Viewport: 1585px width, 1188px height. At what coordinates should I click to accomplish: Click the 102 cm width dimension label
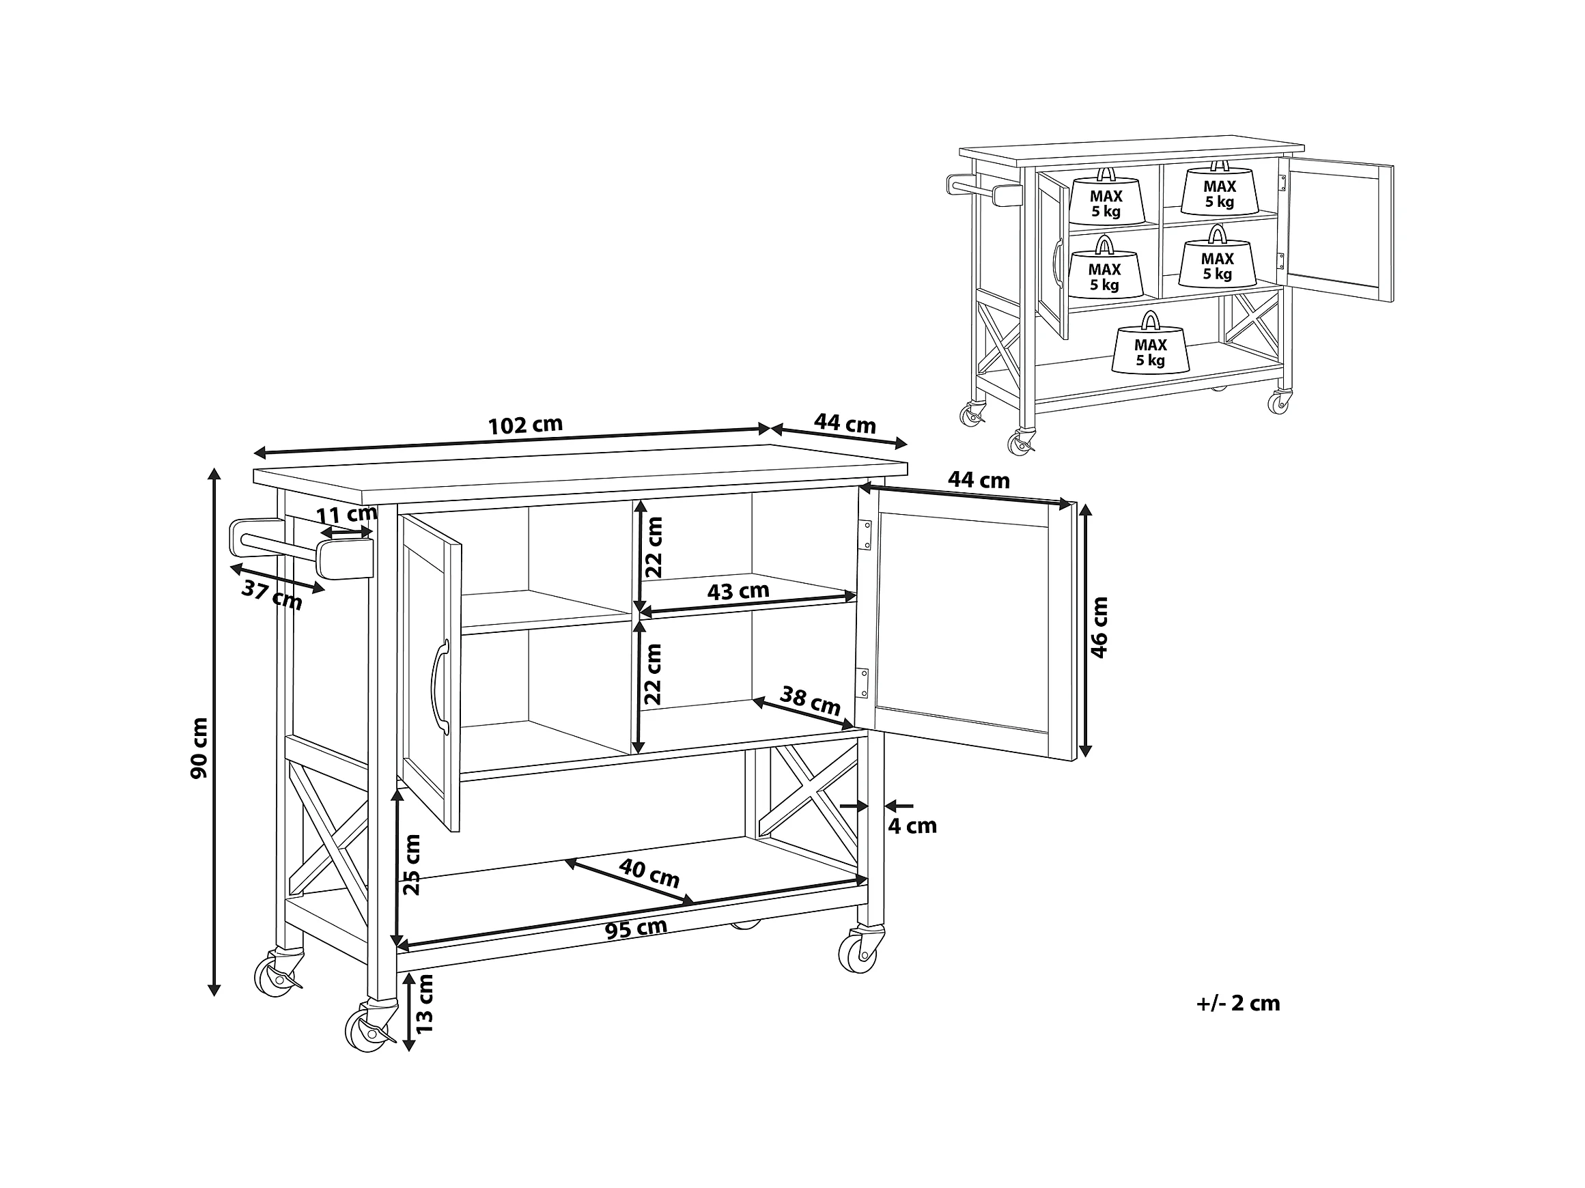coord(525,425)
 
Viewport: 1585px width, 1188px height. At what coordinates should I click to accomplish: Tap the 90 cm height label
coord(199,748)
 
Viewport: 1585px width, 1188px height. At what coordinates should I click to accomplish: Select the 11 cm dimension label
coord(347,515)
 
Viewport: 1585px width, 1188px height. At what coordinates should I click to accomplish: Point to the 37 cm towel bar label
coord(272,595)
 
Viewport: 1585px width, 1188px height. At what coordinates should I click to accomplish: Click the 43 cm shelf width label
coord(738,591)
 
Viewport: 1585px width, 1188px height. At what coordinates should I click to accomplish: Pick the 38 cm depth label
coord(810,700)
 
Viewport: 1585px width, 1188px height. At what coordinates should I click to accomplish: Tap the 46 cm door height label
coord(1099,627)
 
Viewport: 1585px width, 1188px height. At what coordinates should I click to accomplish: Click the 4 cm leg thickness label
coord(912,826)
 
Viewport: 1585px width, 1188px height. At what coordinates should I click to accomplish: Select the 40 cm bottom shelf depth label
coord(649,873)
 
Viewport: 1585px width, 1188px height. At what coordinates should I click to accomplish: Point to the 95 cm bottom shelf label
coord(636,929)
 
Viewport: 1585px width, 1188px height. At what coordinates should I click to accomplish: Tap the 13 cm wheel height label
coord(425,1003)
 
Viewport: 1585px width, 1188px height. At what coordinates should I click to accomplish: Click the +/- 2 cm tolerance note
coord(1238,1003)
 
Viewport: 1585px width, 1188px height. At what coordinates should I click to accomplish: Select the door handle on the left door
coord(439,687)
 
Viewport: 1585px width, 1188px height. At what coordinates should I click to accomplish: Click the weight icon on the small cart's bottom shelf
coord(1150,343)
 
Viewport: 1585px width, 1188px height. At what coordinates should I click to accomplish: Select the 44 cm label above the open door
coord(979,480)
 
